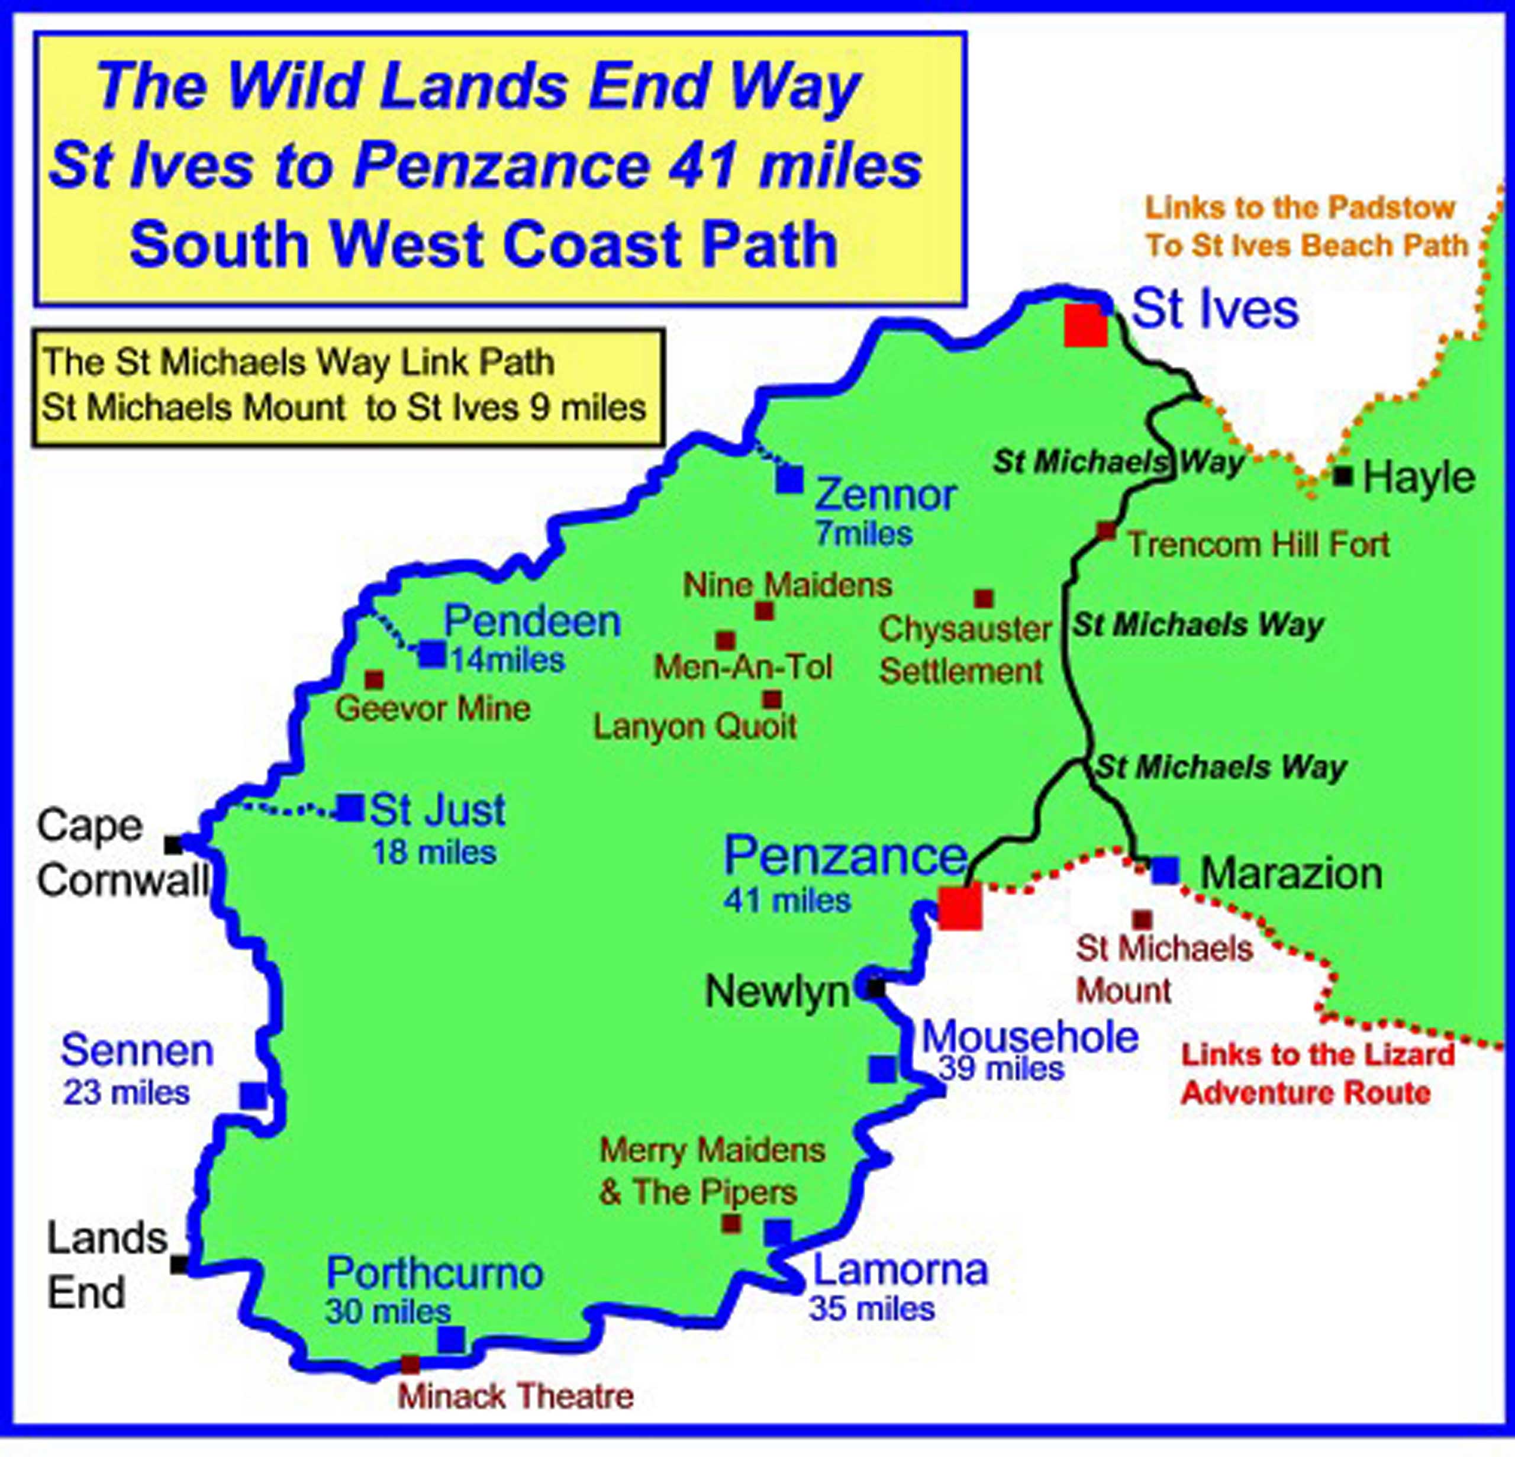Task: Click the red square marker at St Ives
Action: tap(1085, 325)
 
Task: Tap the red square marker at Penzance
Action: tap(960, 907)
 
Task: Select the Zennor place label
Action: tap(886, 495)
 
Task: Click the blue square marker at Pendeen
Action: tap(432, 655)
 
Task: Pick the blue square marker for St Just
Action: tap(350, 808)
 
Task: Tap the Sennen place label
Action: tap(137, 1050)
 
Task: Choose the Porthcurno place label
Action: tap(434, 1273)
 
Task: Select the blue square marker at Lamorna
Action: tap(778, 1232)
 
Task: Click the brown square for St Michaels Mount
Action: tap(1142, 920)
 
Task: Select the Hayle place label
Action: tap(1419, 478)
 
